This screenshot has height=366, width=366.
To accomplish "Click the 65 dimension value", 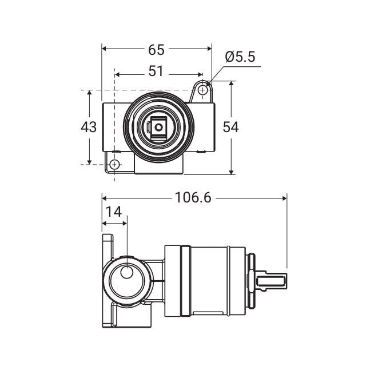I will coord(156,50).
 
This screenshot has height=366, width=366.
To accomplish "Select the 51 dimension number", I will coord(156,71).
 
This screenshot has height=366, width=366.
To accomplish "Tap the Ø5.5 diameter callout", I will coord(240,57).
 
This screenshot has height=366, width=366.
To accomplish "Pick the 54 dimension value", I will coord(230,127).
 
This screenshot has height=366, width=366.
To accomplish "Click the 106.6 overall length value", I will coord(193,197).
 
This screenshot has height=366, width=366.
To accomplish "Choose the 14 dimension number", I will coord(114,212).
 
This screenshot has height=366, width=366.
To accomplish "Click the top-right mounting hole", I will coord(203,90).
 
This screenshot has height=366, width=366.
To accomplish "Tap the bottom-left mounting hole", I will coord(115,165).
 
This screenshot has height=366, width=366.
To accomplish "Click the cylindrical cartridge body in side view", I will coord(206,281).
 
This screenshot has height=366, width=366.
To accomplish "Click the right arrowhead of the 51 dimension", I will coord(201,74).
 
